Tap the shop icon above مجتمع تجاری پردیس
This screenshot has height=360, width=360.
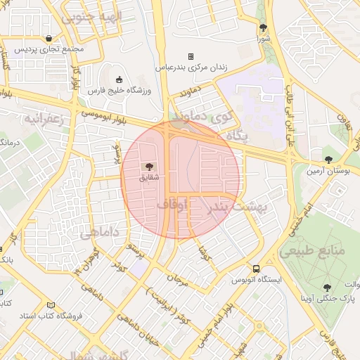48,38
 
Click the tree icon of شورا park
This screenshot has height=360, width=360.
264,28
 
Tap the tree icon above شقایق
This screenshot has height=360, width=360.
148,166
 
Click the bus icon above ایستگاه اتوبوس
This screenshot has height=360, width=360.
257,269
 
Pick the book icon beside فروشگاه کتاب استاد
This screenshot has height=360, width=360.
50,305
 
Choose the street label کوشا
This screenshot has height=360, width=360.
204,250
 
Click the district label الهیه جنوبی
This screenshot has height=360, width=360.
92,16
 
